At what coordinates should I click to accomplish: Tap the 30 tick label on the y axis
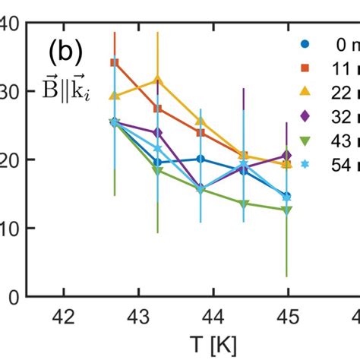tap(12, 91)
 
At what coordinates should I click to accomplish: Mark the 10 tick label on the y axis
tap(12, 228)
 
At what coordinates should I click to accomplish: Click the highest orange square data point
tap(115, 62)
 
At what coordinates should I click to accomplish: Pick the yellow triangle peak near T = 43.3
tap(158, 80)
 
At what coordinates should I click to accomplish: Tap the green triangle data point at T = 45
tap(286, 210)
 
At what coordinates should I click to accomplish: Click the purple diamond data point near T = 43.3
tap(158, 133)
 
